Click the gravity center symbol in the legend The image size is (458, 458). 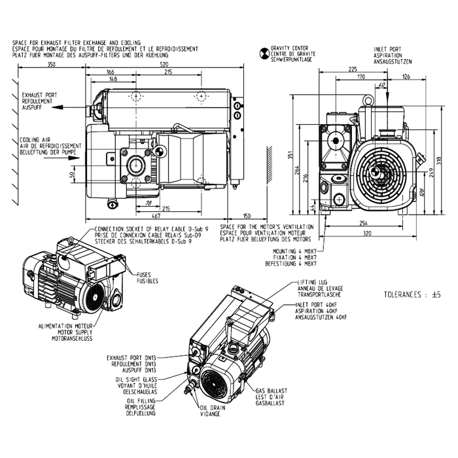point(264,50)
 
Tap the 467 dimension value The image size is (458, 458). point(155,215)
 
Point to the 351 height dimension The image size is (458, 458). point(289,156)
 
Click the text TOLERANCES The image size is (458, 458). point(405,295)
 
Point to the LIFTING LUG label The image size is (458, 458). point(311,283)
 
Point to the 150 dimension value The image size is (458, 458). point(247,215)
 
